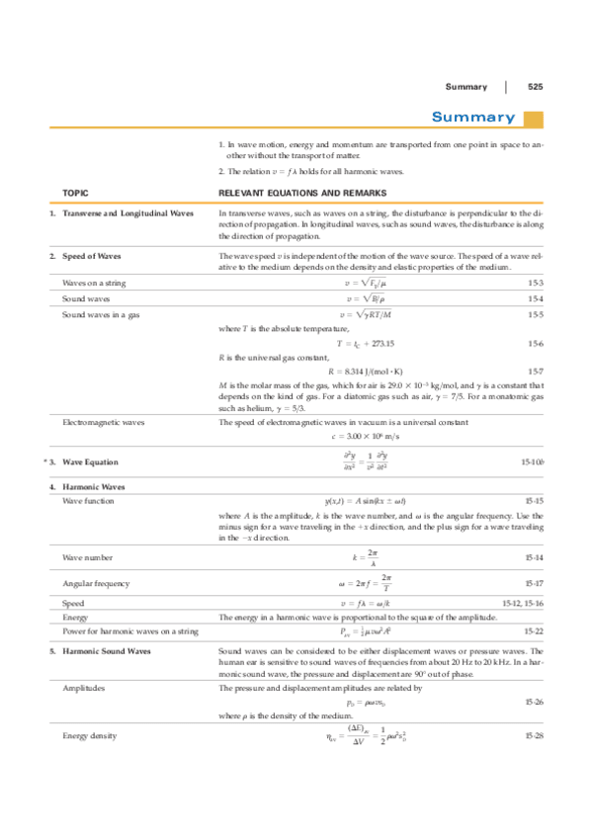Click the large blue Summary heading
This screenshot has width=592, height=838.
pos(473,119)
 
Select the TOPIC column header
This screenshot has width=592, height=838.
pos(76,193)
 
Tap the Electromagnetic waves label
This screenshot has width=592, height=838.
pos(103,422)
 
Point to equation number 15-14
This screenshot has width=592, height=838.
pos(534,559)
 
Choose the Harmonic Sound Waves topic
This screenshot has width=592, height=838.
pos(106,652)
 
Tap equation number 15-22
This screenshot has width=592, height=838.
pos(534,630)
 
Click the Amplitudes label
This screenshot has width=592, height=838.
pos(85,686)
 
